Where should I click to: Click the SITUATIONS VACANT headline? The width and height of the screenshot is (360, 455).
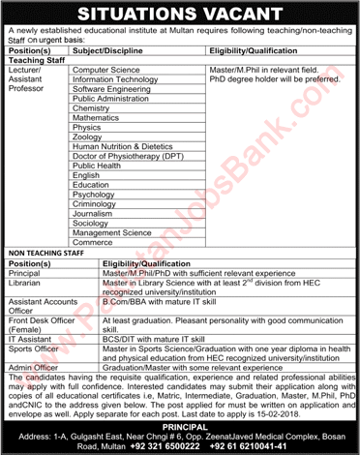click(179, 14)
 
